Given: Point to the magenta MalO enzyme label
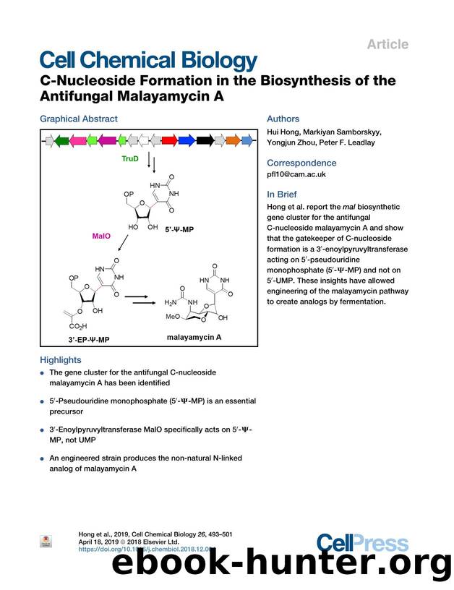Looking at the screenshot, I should [101, 236].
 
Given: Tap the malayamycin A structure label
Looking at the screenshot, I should [194, 337].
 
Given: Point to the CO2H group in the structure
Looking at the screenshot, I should [76, 325].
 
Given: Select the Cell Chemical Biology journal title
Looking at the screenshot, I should [148, 61].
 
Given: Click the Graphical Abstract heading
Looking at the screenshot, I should [78, 119].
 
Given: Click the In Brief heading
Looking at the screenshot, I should [281, 194].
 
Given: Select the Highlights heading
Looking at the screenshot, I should [61, 359].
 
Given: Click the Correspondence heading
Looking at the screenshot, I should [301, 163].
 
